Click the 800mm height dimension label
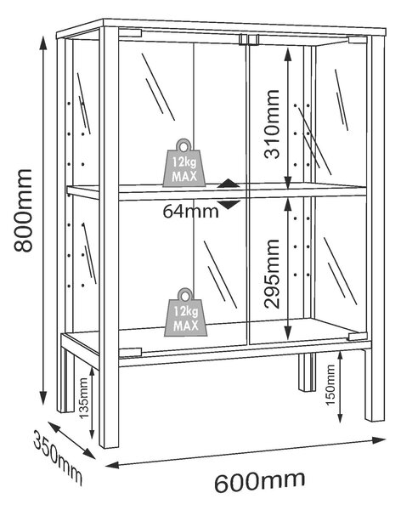[23, 211]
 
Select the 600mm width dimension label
[259, 482]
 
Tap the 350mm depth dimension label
[58, 457]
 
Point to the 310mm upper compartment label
[272, 124]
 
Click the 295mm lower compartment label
[272, 274]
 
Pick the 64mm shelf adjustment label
[190, 212]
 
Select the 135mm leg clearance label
[84, 398]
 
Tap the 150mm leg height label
[330, 385]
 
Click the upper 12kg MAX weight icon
[184, 163]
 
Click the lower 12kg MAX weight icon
[186, 312]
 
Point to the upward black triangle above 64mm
[229, 184]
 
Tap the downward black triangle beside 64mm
[229, 205]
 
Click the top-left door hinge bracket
[130, 33]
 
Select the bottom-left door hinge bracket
[130, 352]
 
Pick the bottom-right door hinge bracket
[357, 337]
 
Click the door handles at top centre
[249, 39]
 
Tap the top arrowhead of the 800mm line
[43, 42]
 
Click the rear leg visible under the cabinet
[307, 372]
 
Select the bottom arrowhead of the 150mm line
[340, 417]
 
